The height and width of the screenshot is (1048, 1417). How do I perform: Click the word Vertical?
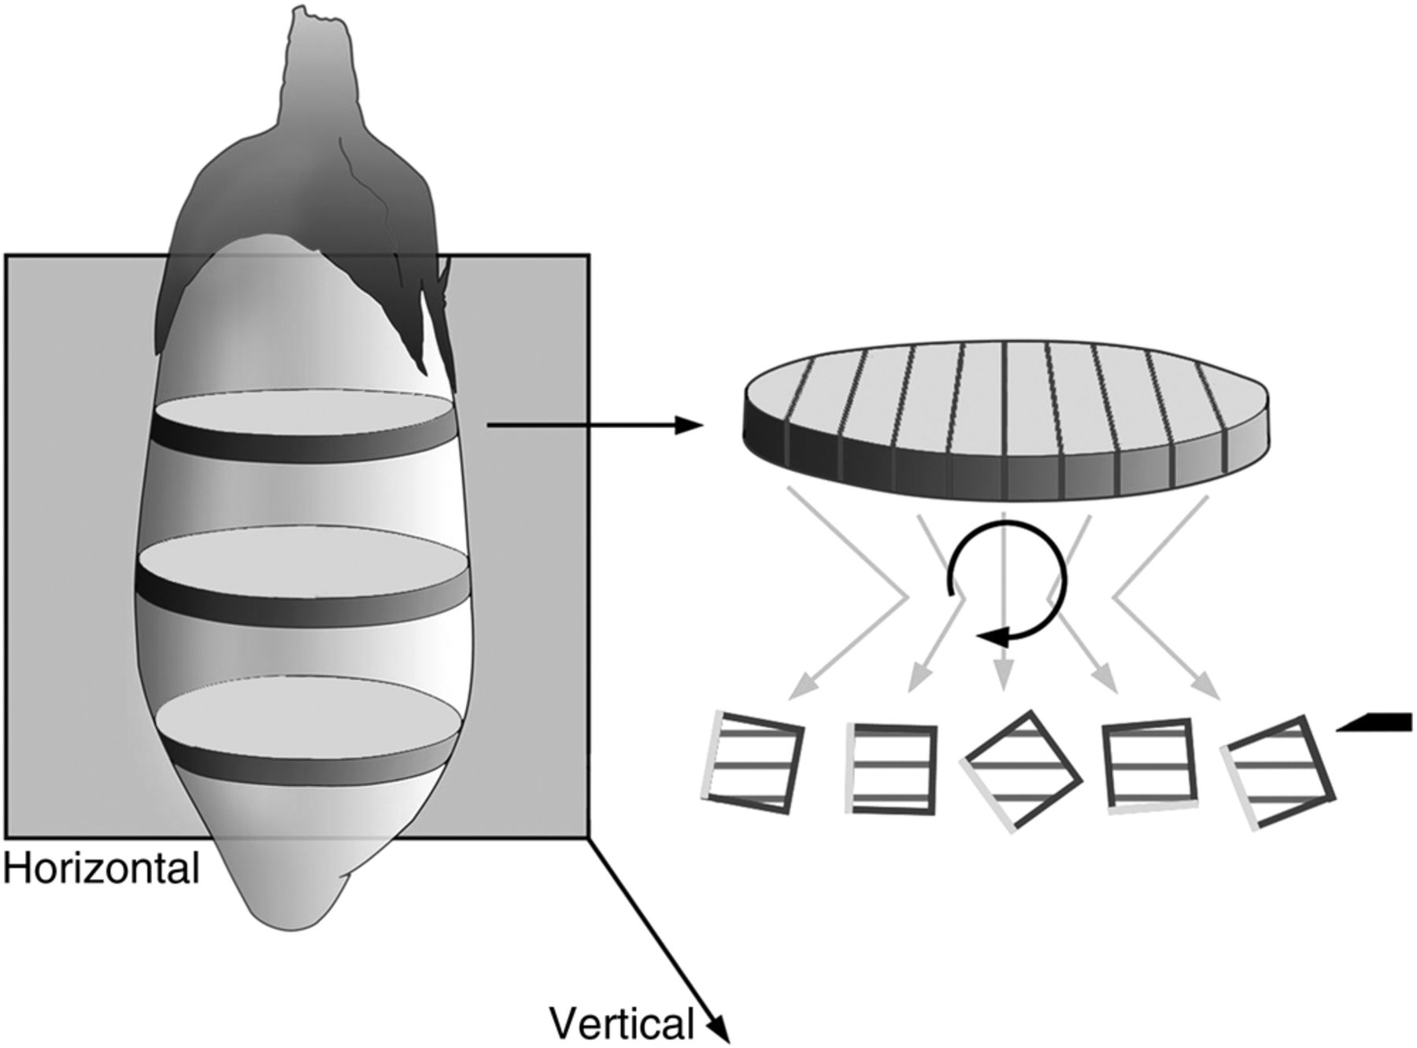coord(622,1024)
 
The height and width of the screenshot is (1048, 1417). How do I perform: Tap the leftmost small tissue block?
coord(753,763)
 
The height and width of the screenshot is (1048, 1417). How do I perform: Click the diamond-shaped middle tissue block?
coord(1022,770)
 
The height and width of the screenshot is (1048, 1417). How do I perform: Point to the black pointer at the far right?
coord(1378,723)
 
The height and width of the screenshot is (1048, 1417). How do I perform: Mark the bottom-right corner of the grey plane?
coord(588,836)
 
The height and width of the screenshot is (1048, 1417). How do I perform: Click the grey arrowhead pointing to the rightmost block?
coord(1211,691)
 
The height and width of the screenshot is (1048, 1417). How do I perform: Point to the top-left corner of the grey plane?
coord(7,256)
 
